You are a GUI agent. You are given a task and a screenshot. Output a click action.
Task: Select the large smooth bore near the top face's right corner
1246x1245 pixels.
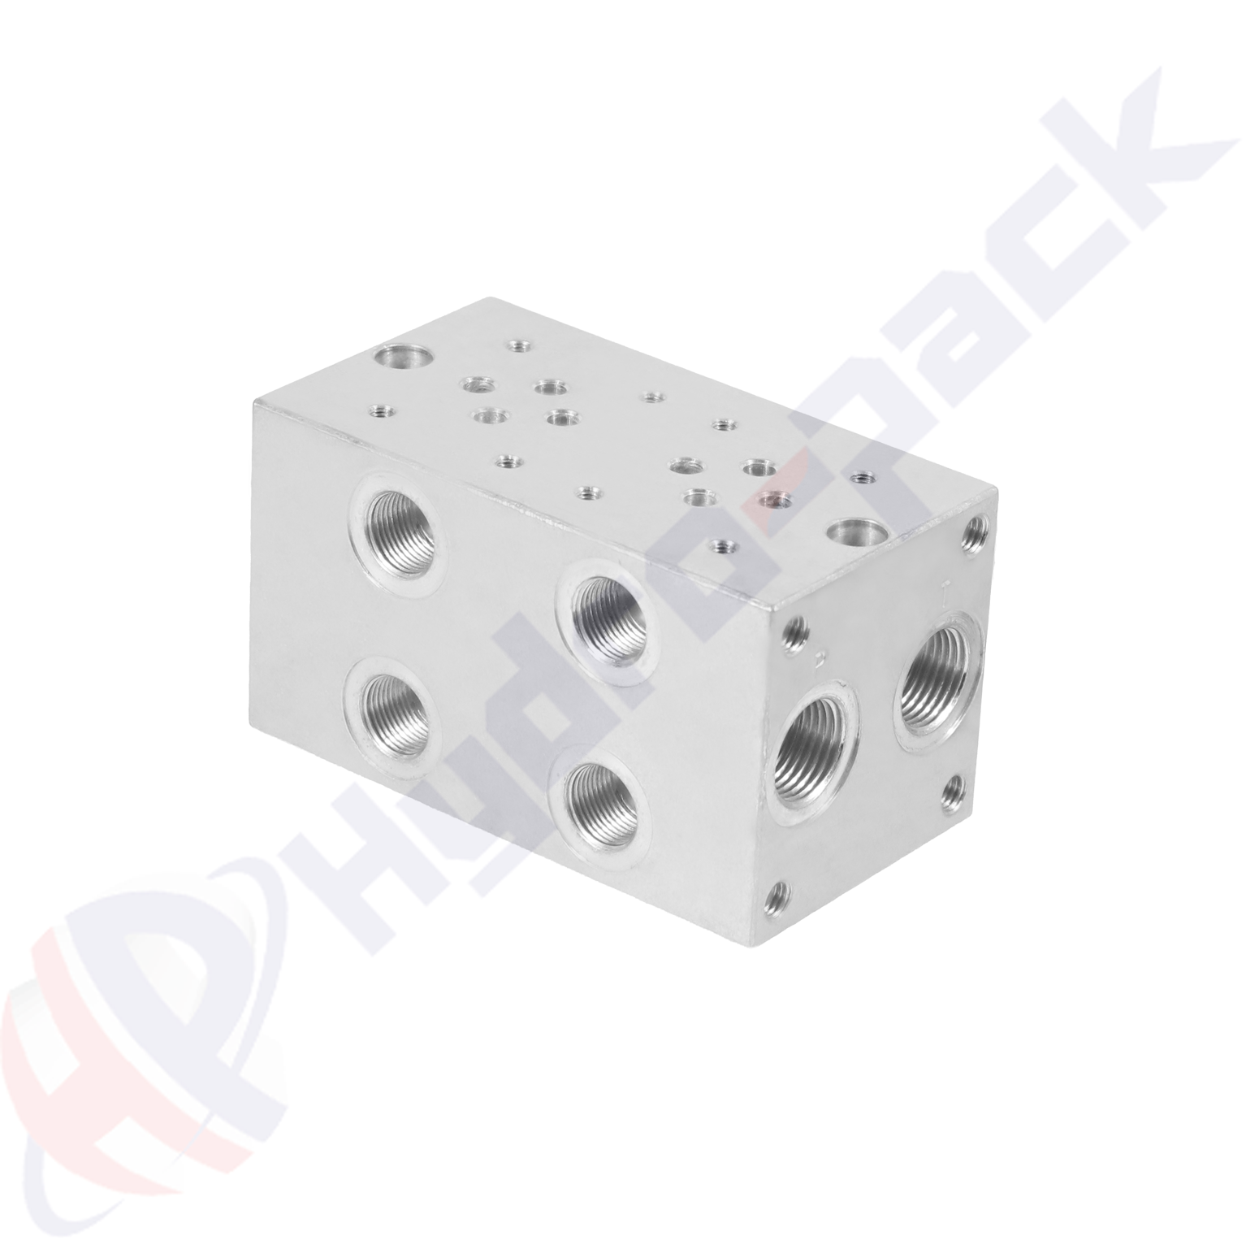[850, 534]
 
